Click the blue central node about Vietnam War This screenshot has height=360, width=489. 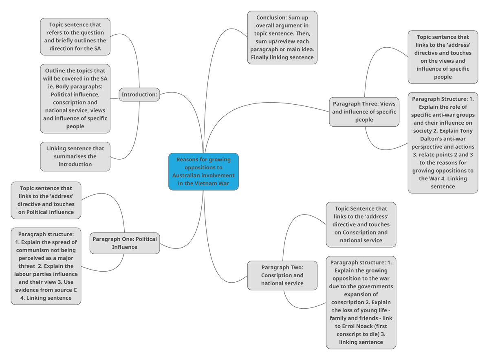pos(203,171)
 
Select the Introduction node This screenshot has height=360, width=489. pos(139,94)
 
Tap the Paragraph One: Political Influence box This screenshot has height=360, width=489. pos(125,243)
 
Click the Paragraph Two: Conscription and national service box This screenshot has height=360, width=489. pos(282,275)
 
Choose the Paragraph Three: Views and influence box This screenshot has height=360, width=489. pos(364,112)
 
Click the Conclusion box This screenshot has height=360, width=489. pos(282,37)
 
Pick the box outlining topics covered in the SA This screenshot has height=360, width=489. pos(75,98)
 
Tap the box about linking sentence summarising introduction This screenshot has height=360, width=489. pos(75,156)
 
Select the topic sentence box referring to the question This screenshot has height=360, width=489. pos(75,37)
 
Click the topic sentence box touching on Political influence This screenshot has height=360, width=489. pos(46,200)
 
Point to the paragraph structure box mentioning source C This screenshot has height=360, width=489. pos(46,266)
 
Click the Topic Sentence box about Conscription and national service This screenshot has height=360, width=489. pos(361,224)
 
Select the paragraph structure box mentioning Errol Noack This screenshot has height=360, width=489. pos(361,302)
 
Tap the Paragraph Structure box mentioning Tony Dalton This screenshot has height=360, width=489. pos(443,143)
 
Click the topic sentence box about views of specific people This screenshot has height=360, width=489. pos(443,57)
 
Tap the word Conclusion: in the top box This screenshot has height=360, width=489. pos(271,18)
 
